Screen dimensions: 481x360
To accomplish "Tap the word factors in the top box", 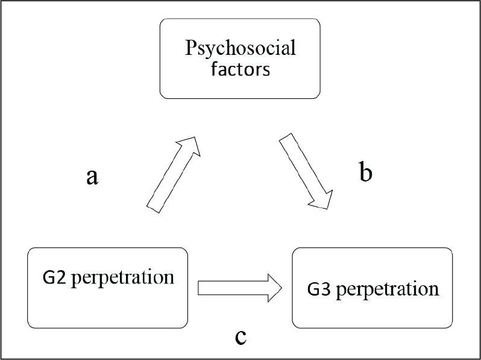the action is coord(241,69).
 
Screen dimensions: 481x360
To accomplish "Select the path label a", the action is coord(92,178).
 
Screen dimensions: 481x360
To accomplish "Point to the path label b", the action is coord(365,172).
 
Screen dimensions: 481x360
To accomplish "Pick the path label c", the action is coord(241,338).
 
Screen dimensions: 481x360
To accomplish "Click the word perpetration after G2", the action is coord(123,279).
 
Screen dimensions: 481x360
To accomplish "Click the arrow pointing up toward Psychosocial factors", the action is coord(174,175).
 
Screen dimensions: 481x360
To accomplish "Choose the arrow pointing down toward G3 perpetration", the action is coord(306,171).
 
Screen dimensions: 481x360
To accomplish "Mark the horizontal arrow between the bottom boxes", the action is coord(240,288).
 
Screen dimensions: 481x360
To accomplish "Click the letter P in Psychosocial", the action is coord(191,48).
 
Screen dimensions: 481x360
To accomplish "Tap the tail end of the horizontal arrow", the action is coord(198,288).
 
